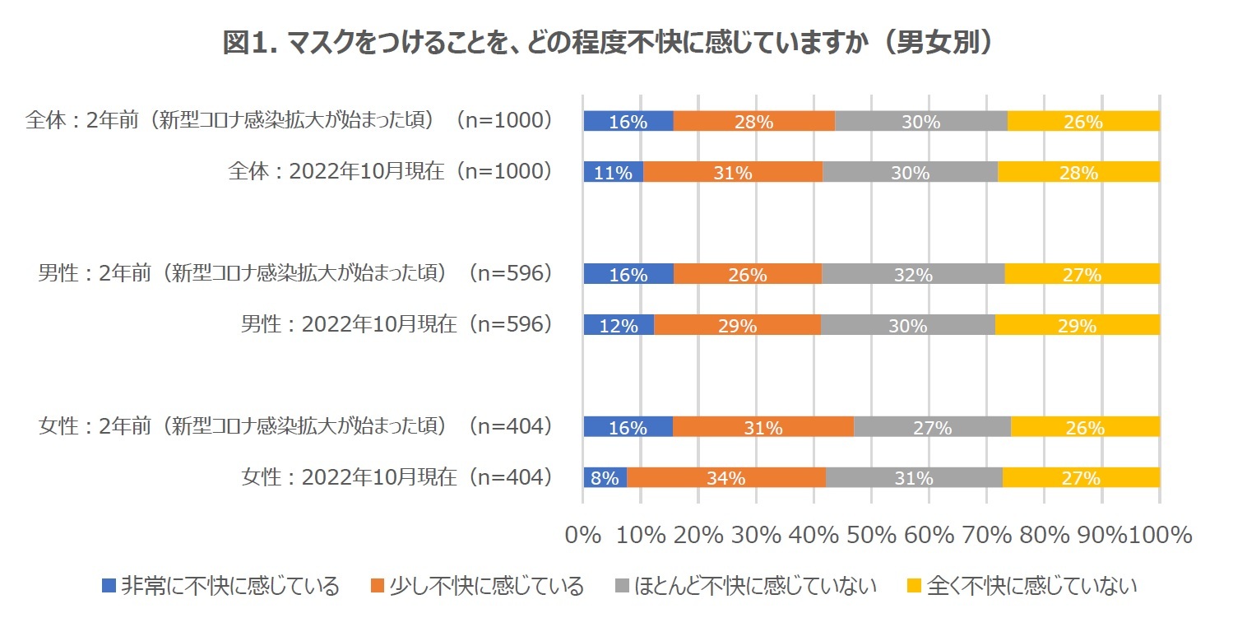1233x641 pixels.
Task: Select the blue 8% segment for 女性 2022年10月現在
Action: [x=605, y=478]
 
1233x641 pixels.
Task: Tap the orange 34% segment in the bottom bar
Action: [x=726, y=478]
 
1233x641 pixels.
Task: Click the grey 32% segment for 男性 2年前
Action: [x=913, y=274]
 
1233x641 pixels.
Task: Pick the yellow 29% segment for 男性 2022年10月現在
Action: [x=1077, y=325]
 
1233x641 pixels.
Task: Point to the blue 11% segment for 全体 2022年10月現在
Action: [x=613, y=172]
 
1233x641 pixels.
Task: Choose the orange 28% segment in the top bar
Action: [x=753, y=121]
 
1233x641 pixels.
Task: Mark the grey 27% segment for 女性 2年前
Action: [x=932, y=427]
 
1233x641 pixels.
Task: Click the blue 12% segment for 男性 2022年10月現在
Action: [x=619, y=325]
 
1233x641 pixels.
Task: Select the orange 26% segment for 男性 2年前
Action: [x=747, y=274]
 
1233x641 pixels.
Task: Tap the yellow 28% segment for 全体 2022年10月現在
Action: [x=1078, y=172]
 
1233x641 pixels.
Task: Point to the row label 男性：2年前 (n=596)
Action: [x=294, y=274]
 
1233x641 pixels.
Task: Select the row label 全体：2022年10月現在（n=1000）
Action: [x=389, y=172]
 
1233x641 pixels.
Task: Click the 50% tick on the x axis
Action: [x=870, y=535]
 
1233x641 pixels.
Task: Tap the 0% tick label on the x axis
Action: [x=583, y=535]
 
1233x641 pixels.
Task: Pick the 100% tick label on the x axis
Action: [x=1161, y=535]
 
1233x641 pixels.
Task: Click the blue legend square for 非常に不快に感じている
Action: [x=109, y=587]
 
